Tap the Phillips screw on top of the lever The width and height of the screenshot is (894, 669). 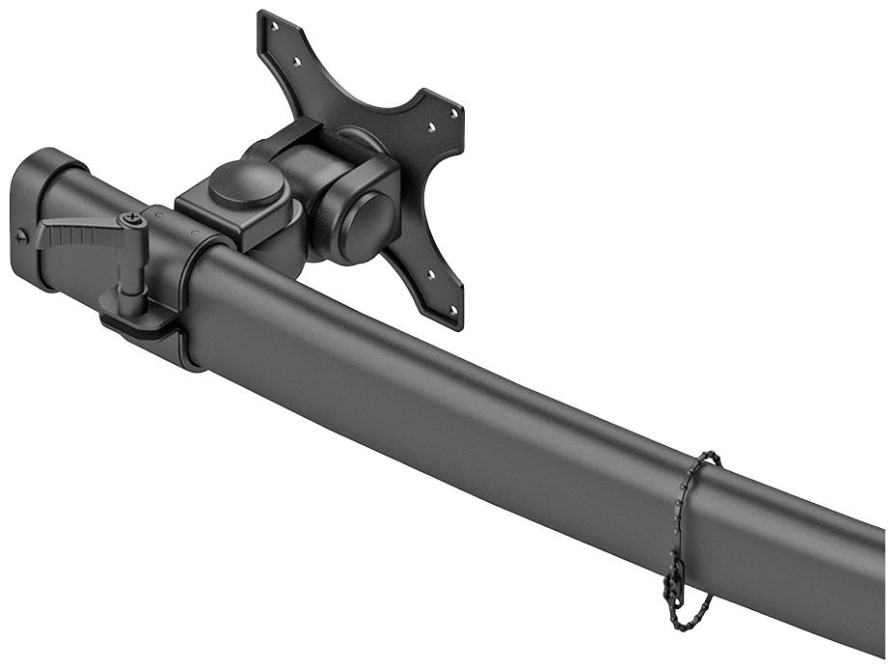pos(131,221)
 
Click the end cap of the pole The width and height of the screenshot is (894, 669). pos(34,217)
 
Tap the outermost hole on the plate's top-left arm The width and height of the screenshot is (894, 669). pos(274,28)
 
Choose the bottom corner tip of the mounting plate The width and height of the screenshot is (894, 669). pos(455,323)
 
